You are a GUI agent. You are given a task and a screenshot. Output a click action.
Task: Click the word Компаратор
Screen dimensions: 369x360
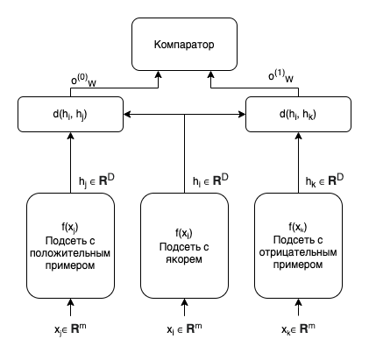184,45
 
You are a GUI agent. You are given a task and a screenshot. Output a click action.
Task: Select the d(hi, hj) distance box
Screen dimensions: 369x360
70,114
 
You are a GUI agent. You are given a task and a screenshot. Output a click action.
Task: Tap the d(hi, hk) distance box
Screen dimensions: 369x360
298,114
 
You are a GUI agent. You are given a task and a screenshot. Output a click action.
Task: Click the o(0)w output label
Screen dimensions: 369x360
83,81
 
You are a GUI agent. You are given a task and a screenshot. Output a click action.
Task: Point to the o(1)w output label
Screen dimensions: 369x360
280,76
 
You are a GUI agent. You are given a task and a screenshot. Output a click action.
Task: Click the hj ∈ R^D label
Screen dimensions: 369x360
96,180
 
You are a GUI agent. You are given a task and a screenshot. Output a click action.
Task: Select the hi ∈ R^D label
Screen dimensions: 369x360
210,180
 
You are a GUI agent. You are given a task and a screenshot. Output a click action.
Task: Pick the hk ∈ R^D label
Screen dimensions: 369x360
324,180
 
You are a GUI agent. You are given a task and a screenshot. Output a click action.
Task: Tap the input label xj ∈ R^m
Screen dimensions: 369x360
70,329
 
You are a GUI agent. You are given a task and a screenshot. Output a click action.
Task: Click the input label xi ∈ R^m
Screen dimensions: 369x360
184,329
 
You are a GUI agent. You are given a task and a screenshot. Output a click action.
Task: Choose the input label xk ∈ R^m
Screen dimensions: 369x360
298,329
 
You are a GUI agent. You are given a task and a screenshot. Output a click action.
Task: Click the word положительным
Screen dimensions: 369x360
70,253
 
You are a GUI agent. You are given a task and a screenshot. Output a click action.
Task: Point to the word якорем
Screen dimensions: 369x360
184,259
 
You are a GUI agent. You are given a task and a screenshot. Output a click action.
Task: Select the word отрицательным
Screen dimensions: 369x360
298,252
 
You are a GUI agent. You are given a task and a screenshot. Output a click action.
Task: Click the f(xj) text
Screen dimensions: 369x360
70,227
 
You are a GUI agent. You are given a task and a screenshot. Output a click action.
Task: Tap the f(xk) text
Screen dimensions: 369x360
298,227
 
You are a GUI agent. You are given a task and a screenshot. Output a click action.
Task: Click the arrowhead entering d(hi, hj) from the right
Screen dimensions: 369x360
127,114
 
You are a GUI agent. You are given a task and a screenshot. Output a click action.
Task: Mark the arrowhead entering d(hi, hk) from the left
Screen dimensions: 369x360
242,114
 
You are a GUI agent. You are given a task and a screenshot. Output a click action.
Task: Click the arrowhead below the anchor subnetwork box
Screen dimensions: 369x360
184,302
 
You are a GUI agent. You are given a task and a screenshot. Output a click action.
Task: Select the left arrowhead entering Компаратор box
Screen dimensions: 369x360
158,74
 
